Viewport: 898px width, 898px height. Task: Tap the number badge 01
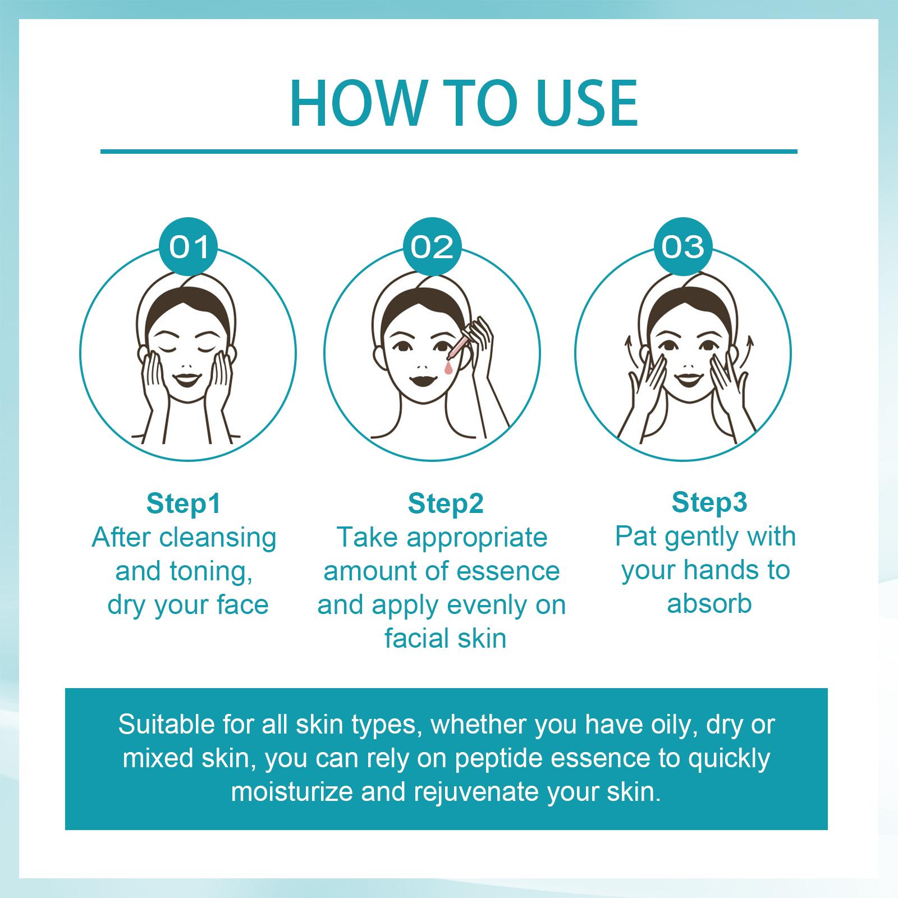click(x=189, y=247)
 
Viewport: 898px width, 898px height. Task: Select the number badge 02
click(x=432, y=247)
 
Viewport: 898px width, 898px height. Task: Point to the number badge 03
click(x=682, y=247)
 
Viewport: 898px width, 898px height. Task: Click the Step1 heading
click(x=184, y=503)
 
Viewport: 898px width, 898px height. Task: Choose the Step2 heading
click(x=446, y=503)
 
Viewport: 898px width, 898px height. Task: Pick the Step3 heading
click(x=709, y=502)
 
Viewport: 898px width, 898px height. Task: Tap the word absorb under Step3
click(x=709, y=604)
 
